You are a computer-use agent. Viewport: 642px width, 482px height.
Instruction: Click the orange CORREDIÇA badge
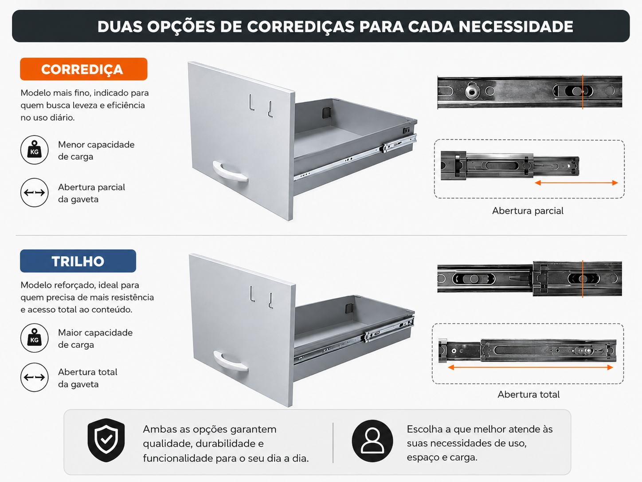[x=84, y=69]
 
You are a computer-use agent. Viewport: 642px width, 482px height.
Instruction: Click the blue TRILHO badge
[x=78, y=261]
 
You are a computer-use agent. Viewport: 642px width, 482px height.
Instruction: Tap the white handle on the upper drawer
[x=230, y=172]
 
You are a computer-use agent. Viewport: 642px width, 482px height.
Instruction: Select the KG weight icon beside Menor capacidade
[x=35, y=150]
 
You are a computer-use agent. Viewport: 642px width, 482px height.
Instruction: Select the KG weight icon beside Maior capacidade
[x=35, y=338]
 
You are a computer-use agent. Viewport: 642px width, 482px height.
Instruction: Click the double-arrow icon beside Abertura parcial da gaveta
[x=35, y=193]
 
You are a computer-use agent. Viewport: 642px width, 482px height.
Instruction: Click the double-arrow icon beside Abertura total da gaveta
[x=35, y=377]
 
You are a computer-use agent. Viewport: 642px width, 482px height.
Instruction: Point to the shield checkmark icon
[x=106, y=440]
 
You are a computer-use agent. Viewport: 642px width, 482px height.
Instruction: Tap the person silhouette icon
[x=372, y=441]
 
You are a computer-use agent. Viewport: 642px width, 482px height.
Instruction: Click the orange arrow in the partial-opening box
[x=576, y=183]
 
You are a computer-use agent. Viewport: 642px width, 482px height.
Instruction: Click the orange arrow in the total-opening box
[x=530, y=367]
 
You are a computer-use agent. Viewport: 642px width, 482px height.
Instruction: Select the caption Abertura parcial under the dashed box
[x=528, y=211]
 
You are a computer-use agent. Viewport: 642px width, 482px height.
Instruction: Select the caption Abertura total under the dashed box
[x=528, y=395]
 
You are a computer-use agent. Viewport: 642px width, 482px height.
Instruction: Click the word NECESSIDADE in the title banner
[x=516, y=27]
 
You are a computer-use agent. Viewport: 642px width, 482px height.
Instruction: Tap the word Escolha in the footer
[x=424, y=429]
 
